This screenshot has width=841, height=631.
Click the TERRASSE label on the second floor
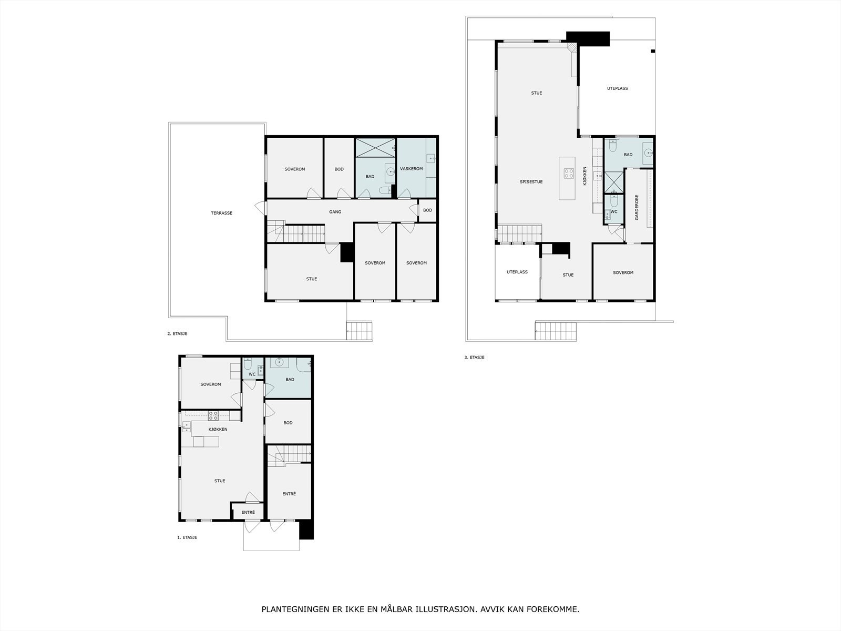[221, 213]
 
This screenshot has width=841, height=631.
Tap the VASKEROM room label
[411, 169]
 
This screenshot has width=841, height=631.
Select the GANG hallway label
[335, 211]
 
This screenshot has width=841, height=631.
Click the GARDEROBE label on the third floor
[637, 207]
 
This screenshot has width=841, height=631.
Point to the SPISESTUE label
[531, 181]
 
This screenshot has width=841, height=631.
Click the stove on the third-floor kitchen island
[569, 174]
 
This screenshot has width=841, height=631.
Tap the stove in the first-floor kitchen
[213, 415]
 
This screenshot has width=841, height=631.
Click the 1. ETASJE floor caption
[187, 537]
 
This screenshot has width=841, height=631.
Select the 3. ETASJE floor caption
[474, 357]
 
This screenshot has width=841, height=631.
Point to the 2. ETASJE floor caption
[177, 333]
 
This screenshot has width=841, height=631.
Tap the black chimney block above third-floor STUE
[588, 39]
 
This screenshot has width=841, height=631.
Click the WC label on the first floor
[252, 374]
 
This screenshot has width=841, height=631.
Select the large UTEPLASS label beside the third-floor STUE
[617, 88]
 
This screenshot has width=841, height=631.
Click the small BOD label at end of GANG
[427, 210]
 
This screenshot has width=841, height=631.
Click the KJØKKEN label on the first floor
[218, 429]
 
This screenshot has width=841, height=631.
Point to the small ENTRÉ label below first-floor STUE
[248, 512]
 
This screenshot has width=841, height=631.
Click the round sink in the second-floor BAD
[390, 171]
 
